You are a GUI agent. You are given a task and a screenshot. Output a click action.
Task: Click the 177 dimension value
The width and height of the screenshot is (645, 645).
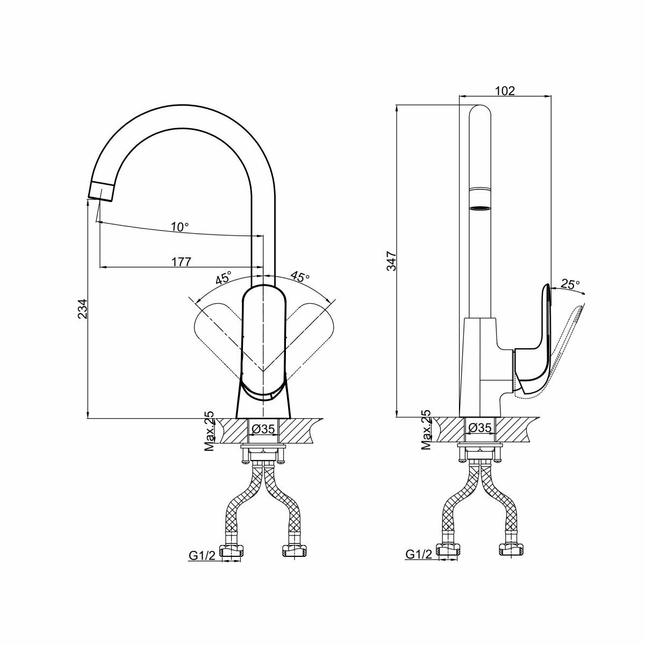click(x=181, y=262)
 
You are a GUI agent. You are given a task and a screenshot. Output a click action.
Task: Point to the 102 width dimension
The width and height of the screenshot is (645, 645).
click(x=504, y=90)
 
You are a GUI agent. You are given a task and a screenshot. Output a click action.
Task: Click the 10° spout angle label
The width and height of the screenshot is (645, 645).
click(x=180, y=227)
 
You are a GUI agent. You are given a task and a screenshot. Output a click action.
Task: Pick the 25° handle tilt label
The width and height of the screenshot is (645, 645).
click(x=570, y=284)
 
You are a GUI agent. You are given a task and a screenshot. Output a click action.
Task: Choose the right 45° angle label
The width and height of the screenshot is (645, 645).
click(x=300, y=277)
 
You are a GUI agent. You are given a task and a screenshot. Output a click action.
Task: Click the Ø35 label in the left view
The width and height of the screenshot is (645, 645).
click(x=263, y=429)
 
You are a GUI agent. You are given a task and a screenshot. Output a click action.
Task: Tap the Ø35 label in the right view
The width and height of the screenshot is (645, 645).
click(x=479, y=428)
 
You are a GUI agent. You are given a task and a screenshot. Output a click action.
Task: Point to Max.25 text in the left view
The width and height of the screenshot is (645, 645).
click(x=210, y=431)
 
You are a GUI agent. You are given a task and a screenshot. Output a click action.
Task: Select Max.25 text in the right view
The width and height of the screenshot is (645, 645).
click(x=426, y=429)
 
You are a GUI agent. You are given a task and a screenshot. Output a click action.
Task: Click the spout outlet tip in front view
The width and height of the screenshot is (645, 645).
click(x=101, y=191)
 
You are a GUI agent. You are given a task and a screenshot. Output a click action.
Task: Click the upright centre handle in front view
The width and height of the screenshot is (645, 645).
click(x=263, y=344)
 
